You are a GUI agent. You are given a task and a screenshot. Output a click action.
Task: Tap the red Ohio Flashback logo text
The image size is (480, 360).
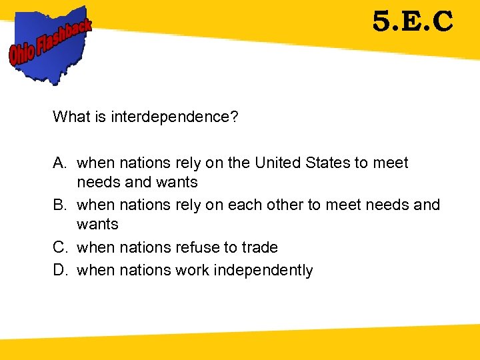click(50, 41)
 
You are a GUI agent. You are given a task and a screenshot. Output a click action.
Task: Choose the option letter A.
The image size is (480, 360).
click(59, 163)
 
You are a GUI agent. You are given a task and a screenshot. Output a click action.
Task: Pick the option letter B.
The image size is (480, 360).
click(59, 205)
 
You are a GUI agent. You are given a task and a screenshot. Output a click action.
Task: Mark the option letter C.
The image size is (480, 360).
click(59, 247)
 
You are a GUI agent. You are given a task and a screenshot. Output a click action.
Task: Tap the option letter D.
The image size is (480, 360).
click(59, 270)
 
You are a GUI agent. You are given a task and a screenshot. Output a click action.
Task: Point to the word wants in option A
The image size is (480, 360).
click(177, 182)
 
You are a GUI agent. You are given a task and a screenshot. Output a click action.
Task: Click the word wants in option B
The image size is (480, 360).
click(97, 224)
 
